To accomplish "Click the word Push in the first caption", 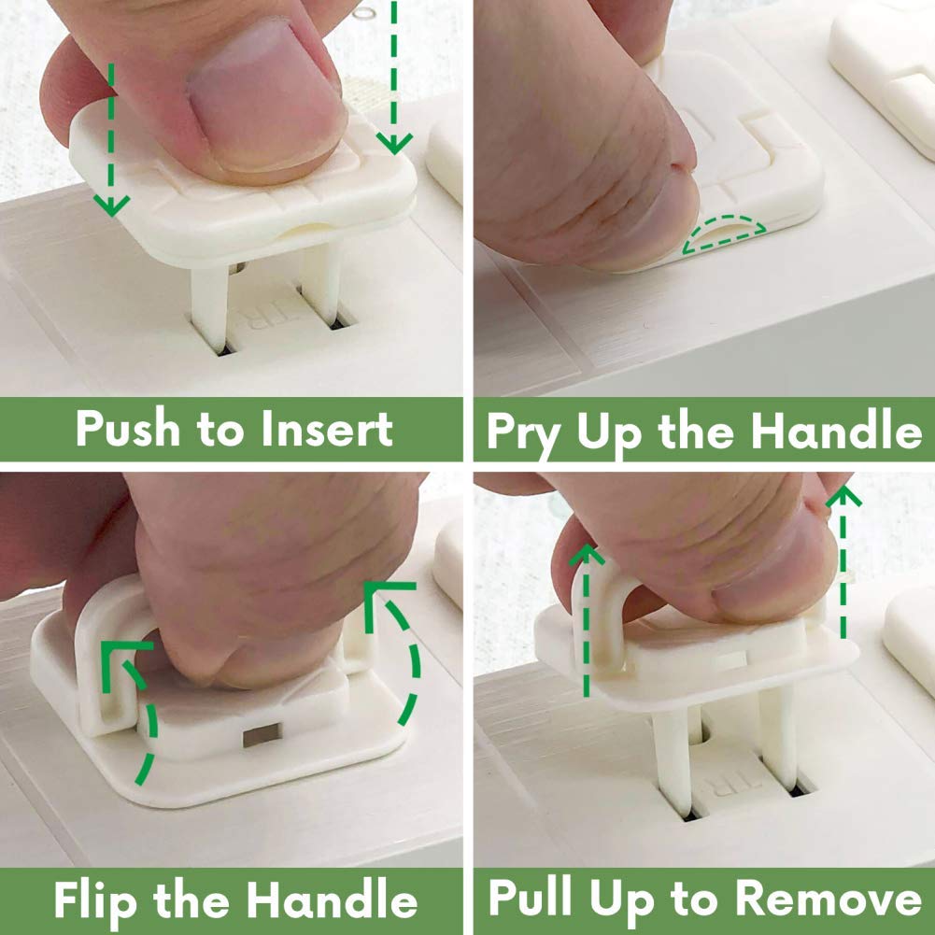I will click(127, 430).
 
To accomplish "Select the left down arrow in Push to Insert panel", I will click(112, 140).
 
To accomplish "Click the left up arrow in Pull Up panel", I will click(588, 616).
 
